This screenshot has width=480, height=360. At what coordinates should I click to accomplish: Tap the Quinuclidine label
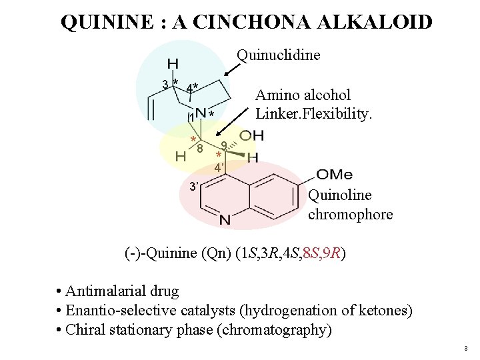(279, 54)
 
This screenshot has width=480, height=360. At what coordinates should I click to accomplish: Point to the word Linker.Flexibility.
(313, 114)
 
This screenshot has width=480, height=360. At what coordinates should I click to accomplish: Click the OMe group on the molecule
(334, 174)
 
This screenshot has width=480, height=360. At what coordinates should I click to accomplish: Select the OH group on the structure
(251, 136)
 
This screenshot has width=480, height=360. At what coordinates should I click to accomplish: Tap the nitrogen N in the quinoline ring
(225, 219)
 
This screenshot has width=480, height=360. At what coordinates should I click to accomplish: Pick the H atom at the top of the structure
(173, 63)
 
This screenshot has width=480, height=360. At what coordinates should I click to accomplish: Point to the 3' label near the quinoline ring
(193, 186)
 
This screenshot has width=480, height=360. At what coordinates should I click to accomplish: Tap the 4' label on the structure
(218, 168)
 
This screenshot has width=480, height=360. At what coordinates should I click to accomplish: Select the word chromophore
(350, 215)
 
